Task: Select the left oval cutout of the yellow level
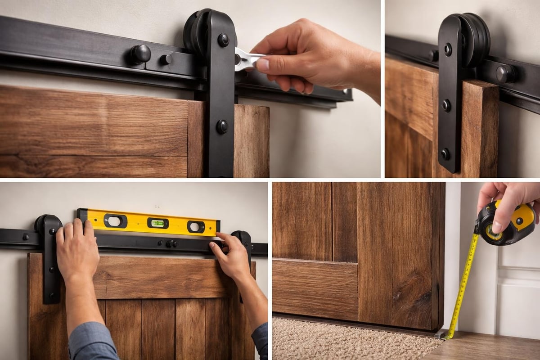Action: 115,220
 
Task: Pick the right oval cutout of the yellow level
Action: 196,226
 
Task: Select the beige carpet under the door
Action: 351,340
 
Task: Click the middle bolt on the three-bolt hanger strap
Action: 445,106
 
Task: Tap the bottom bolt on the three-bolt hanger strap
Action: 445,154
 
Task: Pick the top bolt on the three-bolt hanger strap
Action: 447,49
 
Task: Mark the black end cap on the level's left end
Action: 82,215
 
